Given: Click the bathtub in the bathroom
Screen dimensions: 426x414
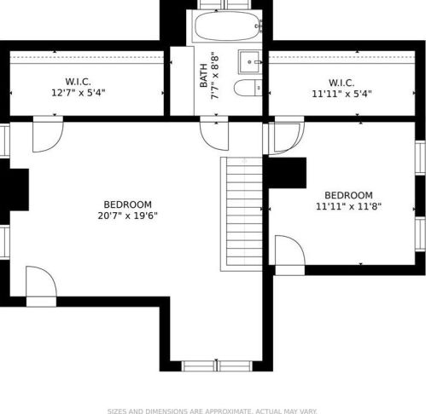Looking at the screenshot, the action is (227, 26).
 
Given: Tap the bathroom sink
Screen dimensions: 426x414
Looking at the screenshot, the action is (250, 62).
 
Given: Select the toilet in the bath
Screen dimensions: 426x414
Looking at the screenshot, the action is (248, 88).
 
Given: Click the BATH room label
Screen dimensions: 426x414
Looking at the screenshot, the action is (203, 76).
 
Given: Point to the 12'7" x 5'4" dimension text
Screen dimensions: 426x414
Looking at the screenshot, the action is (79, 93).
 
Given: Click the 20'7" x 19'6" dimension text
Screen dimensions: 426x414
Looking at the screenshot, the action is (127, 216).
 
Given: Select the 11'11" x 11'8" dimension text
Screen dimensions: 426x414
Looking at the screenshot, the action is (348, 206).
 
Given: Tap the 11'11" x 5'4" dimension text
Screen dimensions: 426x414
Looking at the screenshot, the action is (341, 94).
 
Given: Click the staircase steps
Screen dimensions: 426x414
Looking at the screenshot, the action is (244, 214).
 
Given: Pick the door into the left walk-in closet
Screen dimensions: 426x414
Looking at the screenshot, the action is (48, 134).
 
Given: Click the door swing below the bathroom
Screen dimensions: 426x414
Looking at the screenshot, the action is (214, 133).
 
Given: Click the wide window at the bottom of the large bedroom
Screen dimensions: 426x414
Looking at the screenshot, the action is (217, 366).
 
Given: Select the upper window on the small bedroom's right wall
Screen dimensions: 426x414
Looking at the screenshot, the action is (420, 158).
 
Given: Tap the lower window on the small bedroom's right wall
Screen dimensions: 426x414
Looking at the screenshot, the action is (420, 234).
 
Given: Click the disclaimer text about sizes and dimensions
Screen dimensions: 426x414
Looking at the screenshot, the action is (212, 411).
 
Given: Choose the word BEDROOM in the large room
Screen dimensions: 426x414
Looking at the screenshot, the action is (127, 204).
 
